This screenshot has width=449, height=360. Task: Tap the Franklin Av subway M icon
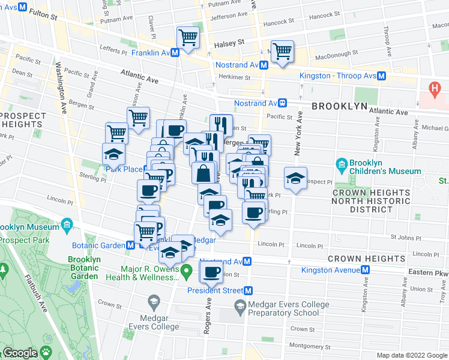pos(175,53)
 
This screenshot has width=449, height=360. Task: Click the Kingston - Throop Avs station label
pos(338,76)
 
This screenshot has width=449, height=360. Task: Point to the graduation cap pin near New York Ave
pos(295,178)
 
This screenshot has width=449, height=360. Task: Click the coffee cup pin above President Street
pos(211,272)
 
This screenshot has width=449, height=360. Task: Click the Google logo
pos(19,353)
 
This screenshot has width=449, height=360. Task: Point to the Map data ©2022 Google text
pos(412,355)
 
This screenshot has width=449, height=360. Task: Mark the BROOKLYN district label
pos(339,106)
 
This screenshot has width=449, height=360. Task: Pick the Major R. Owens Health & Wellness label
pos(142,273)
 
